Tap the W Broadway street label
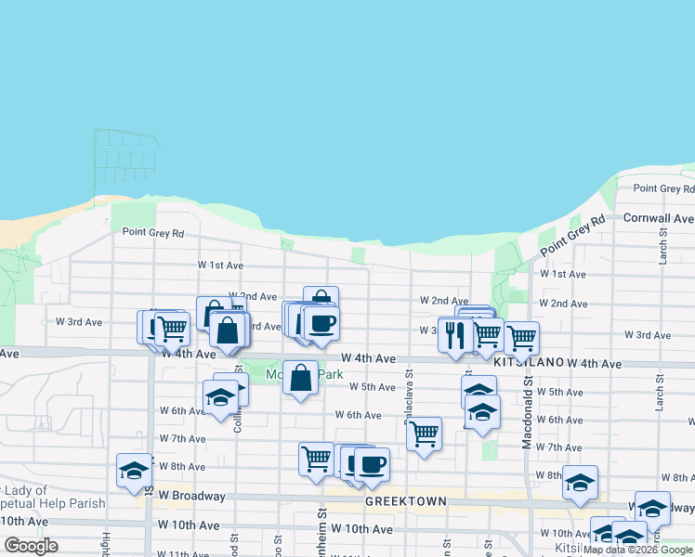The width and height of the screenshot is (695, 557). pyautogui.click(x=193, y=496)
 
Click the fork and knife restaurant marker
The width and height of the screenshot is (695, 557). pyautogui.click(x=454, y=335)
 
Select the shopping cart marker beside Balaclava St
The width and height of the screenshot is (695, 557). pyautogui.click(x=424, y=433)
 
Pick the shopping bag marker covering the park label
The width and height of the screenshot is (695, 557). pyautogui.click(x=300, y=378)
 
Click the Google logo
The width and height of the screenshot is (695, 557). pyautogui.click(x=32, y=546)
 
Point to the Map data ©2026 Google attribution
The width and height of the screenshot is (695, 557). pyautogui.click(x=637, y=550)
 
